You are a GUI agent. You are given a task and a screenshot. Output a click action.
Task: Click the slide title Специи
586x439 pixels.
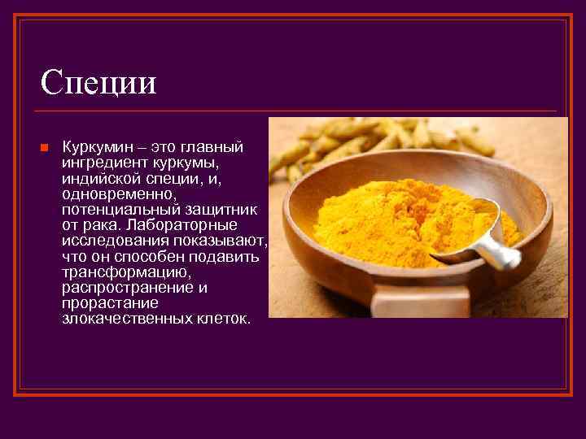click(98, 81)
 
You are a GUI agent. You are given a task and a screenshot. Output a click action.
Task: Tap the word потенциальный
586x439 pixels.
click(116, 209)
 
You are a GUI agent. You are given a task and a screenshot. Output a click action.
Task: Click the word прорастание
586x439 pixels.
click(98, 302)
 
